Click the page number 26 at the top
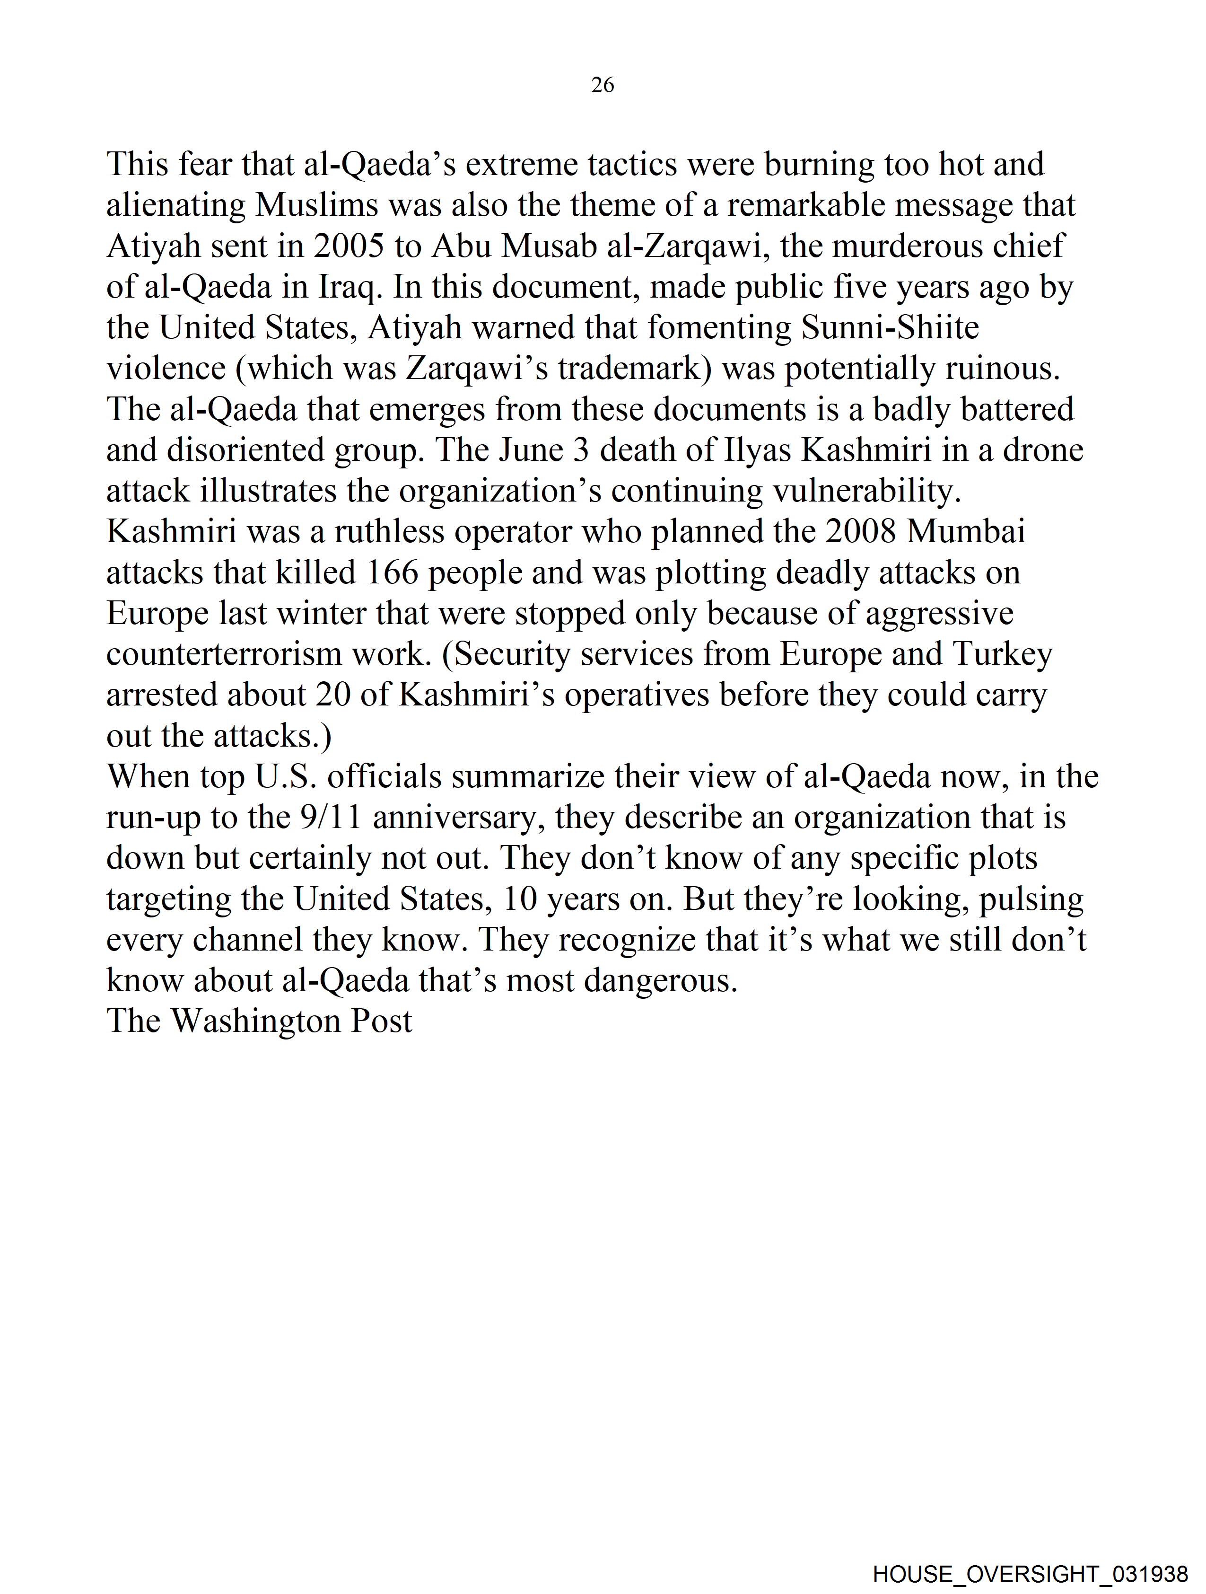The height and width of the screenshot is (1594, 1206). [602, 86]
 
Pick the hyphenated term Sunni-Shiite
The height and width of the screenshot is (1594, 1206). [891, 328]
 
